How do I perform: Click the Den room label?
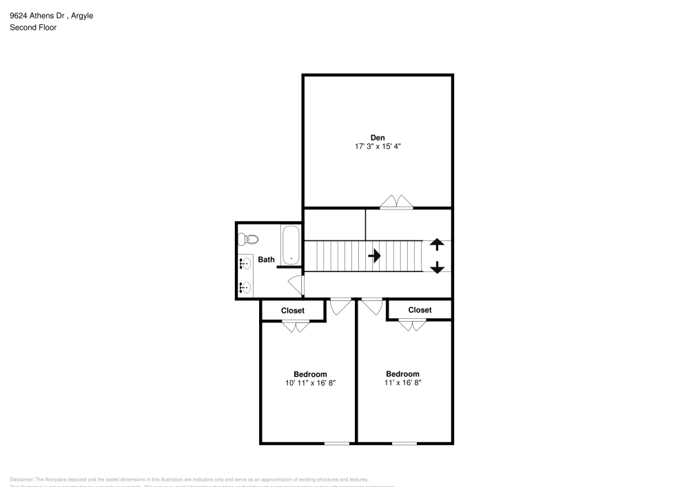(x=378, y=137)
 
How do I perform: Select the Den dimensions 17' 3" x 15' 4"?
(x=378, y=146)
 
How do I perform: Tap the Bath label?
(x=266, y=260)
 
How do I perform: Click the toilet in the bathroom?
(x=247, y=240)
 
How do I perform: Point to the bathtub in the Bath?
(x=291, y=245)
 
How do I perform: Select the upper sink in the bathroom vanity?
(x=245, y=262)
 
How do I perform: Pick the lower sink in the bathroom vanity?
(x=245, y=287)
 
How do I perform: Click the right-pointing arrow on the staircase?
(x=375, y=256)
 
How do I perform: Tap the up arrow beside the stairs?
(x=437, y=245)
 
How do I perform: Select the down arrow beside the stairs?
(x=437, y=267)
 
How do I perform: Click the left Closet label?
(x=293, y=311)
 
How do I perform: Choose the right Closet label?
(x=420, y=310)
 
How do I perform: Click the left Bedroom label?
(x=310, y=374)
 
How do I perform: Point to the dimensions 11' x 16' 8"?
(x=402, y=382)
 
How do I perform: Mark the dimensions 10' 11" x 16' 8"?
(x=310, y=383)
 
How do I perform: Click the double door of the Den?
(x=397, y=202)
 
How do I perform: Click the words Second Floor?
(x=33, y=28)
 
